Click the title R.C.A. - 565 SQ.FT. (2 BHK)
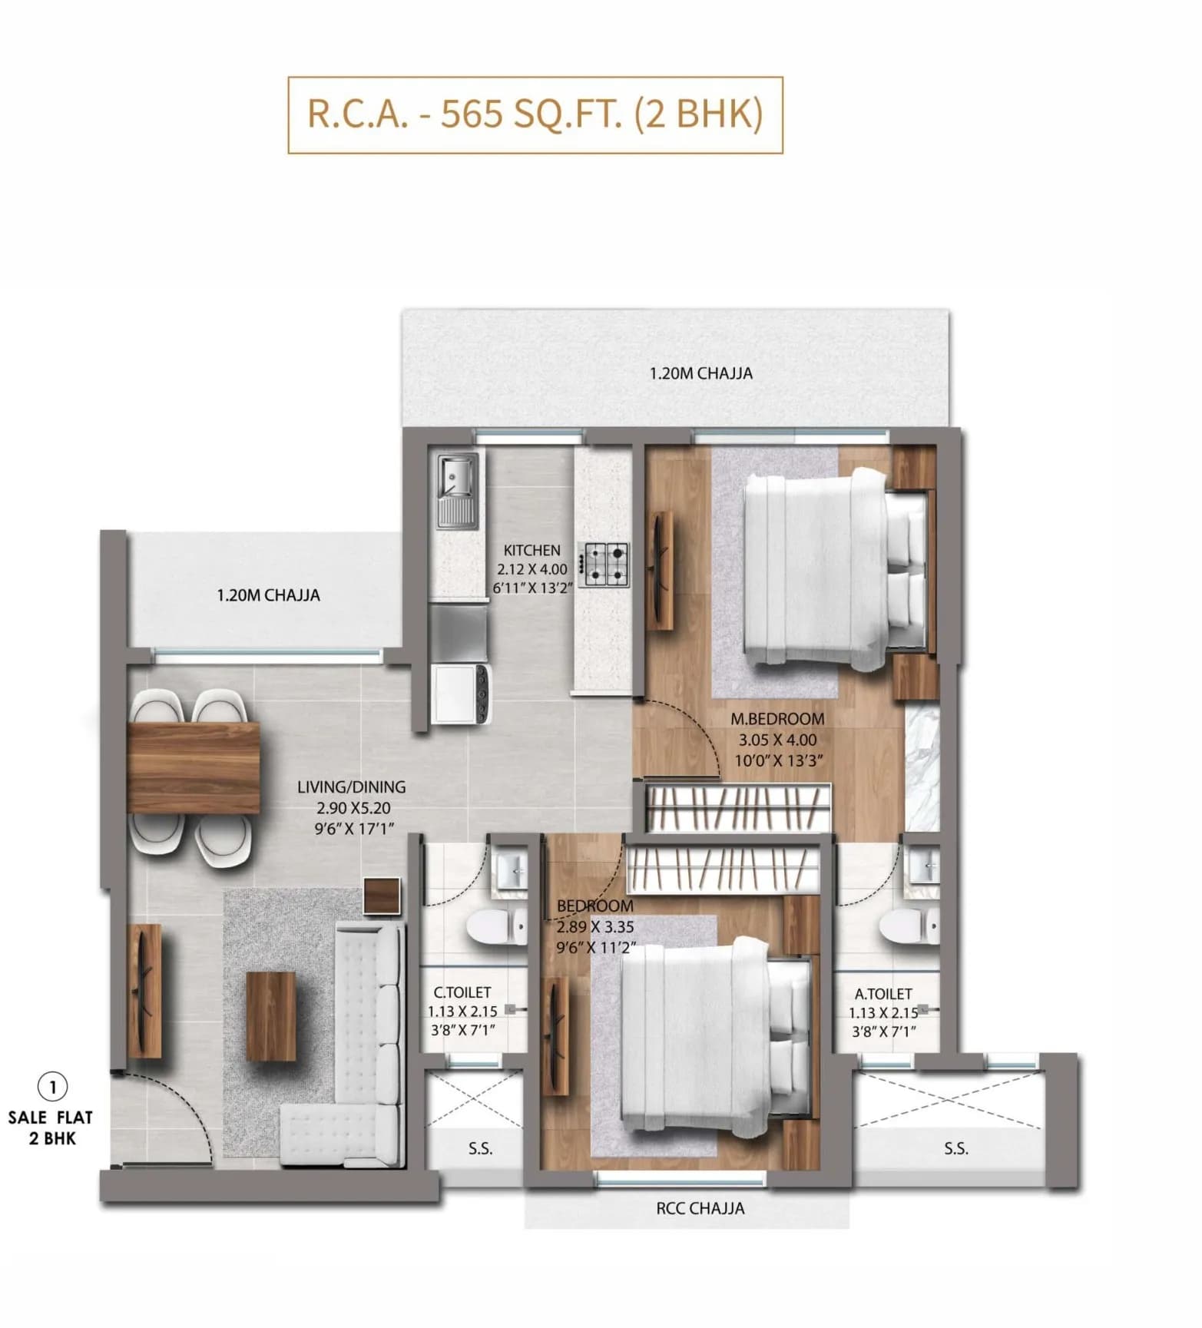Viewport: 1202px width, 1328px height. (535, 114)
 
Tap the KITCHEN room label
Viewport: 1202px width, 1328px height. (531, 550)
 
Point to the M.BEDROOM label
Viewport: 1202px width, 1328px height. (777, 719)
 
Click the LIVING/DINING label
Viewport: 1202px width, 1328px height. (351, 787)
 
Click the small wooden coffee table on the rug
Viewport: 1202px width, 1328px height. (270, 1015)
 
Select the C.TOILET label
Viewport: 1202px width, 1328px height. (462, 992)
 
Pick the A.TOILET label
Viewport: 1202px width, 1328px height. (883, 994)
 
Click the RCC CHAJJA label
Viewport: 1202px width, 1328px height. (700, 1208)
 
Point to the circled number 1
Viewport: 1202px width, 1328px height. (52, 1087)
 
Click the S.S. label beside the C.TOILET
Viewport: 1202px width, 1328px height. (480, 1149)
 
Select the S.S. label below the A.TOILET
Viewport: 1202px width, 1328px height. (955, 1148)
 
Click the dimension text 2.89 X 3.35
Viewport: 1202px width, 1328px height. (594, 927)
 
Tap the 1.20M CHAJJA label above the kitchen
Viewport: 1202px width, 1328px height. (700, 373)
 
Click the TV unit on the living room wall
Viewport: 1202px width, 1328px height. (144, 991)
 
